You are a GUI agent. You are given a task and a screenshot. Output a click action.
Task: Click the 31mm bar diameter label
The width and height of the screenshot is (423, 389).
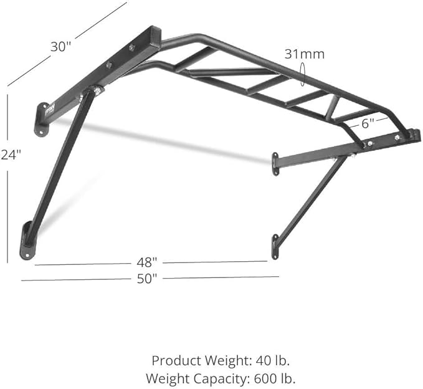pos(305,54)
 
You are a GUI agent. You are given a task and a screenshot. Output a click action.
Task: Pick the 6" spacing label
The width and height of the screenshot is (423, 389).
pos(368,123)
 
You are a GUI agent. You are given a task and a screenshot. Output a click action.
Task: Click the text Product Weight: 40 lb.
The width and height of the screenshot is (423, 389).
pos(221,360)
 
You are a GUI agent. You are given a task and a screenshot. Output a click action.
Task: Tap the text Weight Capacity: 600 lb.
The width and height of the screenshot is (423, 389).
pos(221,377)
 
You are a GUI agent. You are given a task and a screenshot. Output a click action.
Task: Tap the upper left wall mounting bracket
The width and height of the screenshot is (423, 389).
pos(42,122)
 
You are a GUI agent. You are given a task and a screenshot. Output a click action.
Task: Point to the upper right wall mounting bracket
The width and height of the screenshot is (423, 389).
pos(275,163)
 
